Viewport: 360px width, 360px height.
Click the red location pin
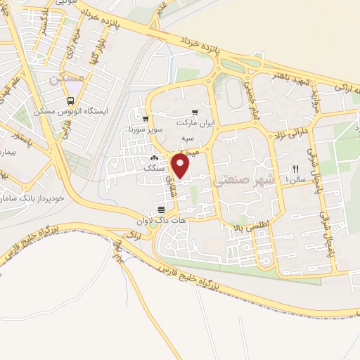point(181,166)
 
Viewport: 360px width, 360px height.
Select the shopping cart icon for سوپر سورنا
point(146,119)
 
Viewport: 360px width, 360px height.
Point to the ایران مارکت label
point(194,122)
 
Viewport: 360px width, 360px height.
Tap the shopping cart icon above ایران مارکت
point(195,112)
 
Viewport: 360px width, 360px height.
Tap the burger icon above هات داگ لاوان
point(161,210)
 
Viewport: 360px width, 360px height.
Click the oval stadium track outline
point(233,90)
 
